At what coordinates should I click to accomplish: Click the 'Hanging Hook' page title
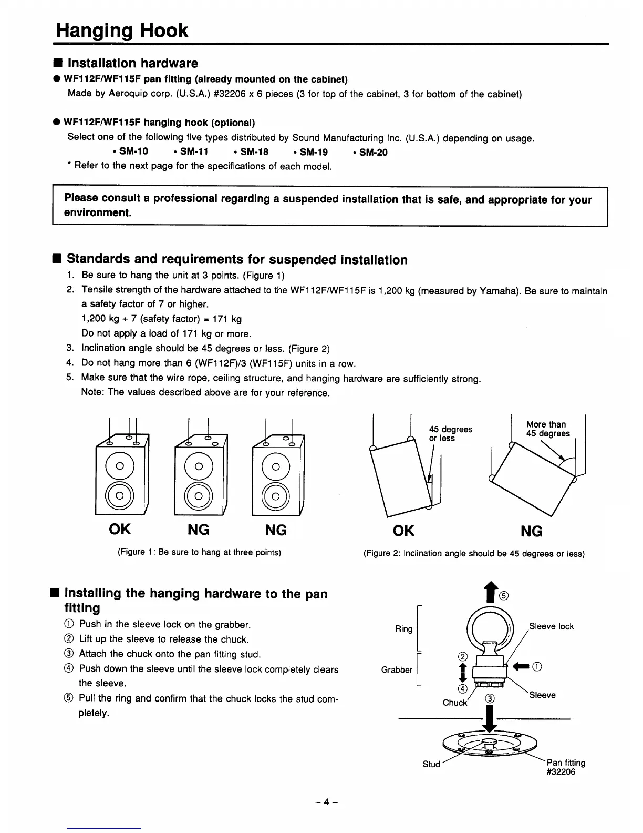pyautogui.click(x=122, y=31)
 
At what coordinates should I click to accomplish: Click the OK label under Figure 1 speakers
pyautogui.click(x=120, y=529)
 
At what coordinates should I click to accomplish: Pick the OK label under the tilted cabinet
pyautogui.click(x=403, y=531)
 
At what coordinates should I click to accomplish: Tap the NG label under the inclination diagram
pyautogui.click(x=532, y=531)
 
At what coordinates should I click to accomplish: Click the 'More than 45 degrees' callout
pyautogui.click(x=547, y=429)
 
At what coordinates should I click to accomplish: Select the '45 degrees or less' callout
pyautogui.click(x=450, y=434)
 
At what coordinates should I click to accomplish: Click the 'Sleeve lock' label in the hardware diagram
pyautogui.click(x=551, y=626)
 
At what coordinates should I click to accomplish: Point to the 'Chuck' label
pyautogui.click(x=454, y=703)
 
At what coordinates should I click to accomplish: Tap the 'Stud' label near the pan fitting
pyautogui.click(x=431, y=764)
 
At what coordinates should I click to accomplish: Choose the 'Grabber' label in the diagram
pyautogui.click(x=397, y=669)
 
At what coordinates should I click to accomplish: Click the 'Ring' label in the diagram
pyautogui.click(x=403, y=629)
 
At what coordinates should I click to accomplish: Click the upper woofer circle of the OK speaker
pyautogui.click(x=120, y=465)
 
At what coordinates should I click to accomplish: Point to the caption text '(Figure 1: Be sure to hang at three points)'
pyautogui.click(x=199, y=552)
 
